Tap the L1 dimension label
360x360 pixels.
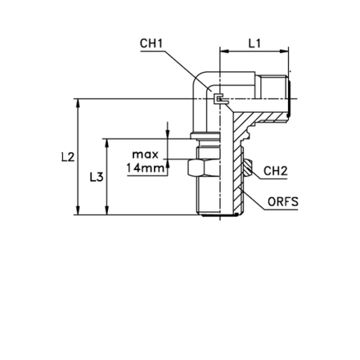click(253, 51)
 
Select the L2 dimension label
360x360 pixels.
click(69, 156)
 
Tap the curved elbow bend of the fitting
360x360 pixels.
click(200, 86)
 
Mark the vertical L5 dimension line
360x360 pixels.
click(105, 176)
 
